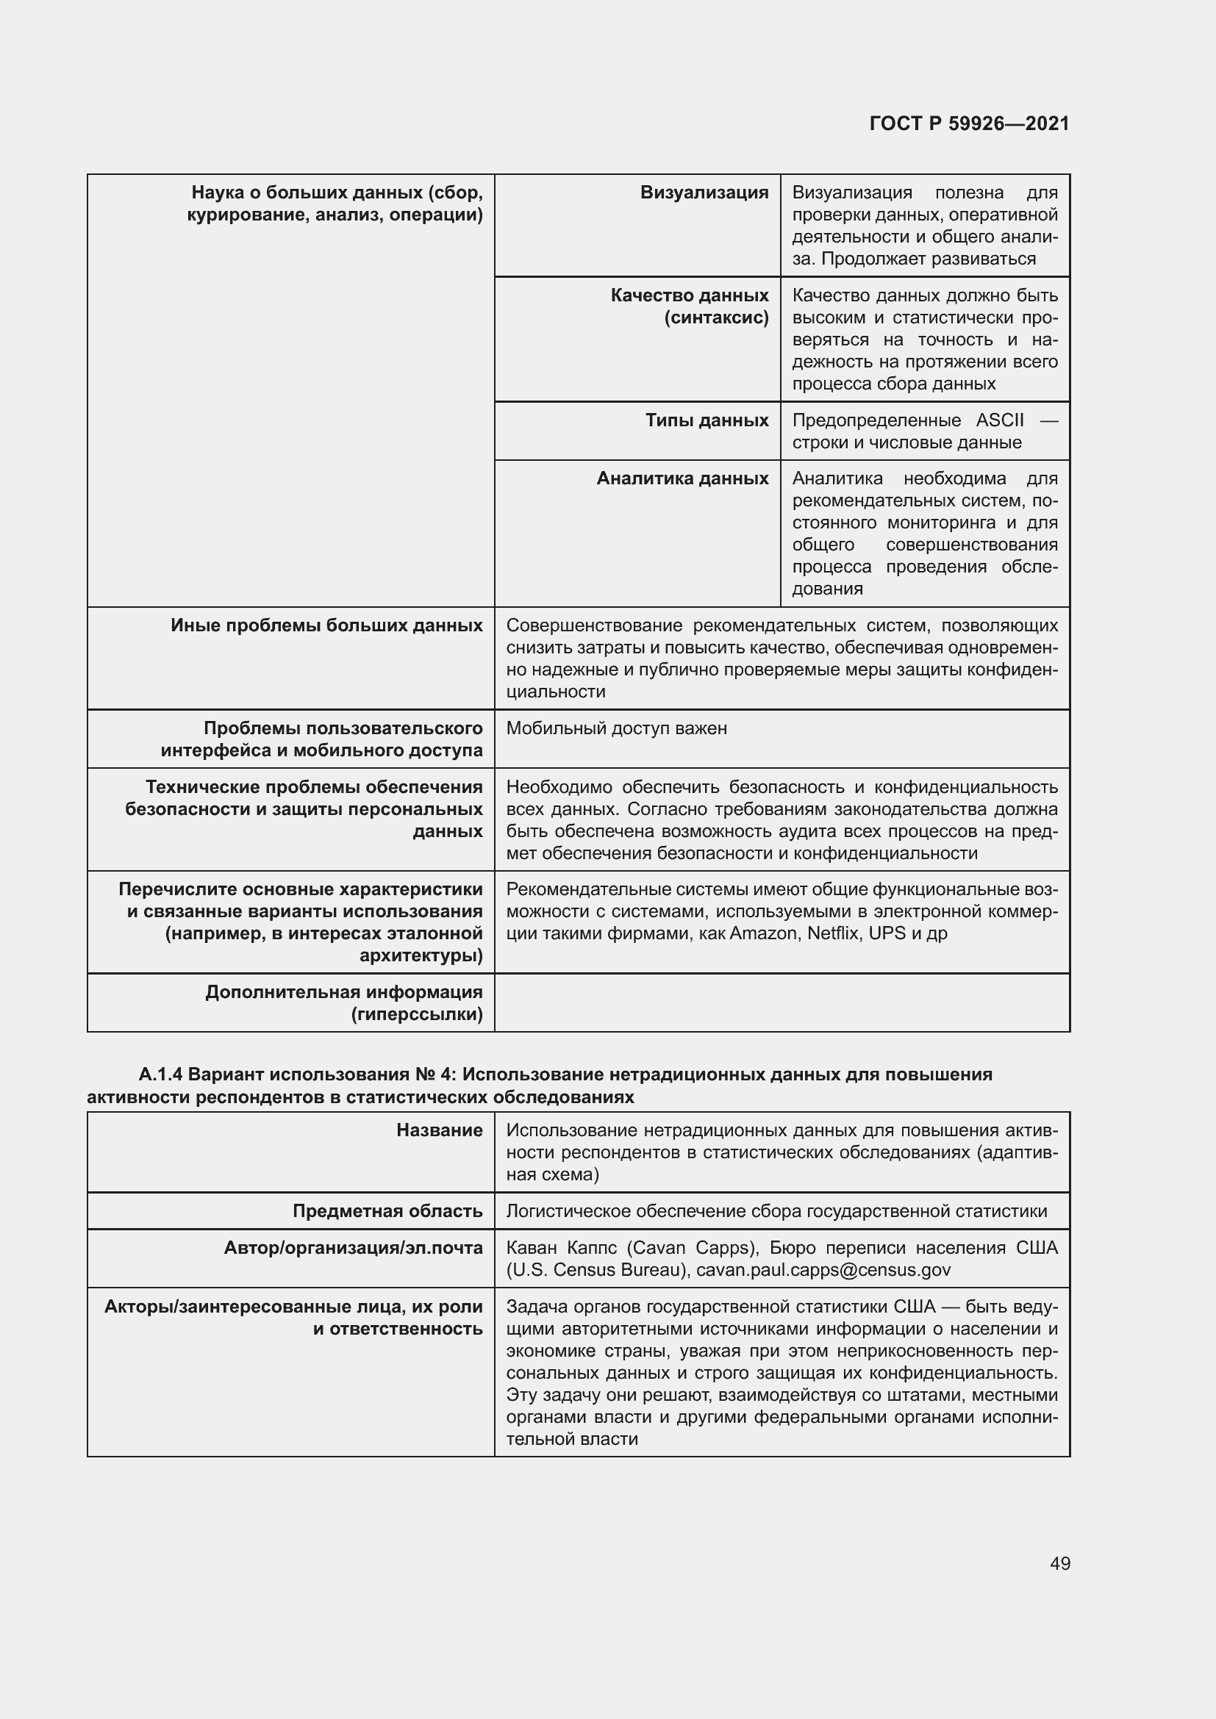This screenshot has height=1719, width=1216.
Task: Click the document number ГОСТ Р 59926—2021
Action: (x=969, y=123)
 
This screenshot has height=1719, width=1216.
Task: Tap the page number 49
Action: (x=1059, y=1563)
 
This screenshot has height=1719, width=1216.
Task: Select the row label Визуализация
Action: (x=704, y=193)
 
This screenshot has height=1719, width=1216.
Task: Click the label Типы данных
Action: (x=707, y=421)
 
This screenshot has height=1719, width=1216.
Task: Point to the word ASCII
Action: (x=1000, y=421)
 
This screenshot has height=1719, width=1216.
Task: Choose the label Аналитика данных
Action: (x=682, y=478)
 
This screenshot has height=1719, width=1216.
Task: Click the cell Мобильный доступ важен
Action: (x=616, y=728)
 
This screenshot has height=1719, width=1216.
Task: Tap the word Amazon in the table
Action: (x=764, y=933)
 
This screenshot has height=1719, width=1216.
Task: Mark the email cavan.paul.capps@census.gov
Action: (x=823, y=1271)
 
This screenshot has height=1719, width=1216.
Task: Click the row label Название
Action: (x=440, y=1130)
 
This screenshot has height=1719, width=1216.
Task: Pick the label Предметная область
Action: (x=387, y=1211)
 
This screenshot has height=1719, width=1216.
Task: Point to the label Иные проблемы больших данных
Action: (x=326, y=626)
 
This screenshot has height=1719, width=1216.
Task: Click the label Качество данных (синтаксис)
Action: (x=690, y=306)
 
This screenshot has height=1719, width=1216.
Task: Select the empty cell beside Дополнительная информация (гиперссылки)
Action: (x=781, y=1002)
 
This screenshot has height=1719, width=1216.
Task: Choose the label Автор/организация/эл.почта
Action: (x=353, y=1248)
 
